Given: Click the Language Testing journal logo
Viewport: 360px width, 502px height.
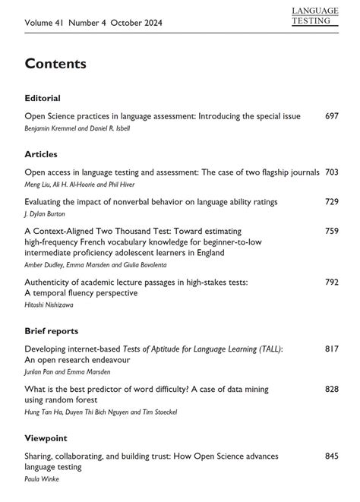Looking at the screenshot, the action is pos(314,15).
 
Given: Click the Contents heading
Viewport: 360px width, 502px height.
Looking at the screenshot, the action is pos(55,63).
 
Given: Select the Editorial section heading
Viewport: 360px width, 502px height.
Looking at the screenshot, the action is pos(43,98).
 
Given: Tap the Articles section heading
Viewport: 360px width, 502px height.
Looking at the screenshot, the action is pos(41,154).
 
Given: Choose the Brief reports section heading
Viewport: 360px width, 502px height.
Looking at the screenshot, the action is pos(52,330).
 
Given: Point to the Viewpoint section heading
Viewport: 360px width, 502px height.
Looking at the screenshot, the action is pos(46,438).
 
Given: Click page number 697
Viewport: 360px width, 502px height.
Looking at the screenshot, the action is pos(331,116).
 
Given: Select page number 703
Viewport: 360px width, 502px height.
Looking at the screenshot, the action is pos(331,172).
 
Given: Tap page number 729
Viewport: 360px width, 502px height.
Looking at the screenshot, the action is pos(331,201).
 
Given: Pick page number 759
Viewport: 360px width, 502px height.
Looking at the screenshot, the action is pos(331,230).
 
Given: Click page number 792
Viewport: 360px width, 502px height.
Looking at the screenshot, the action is pos(331,282).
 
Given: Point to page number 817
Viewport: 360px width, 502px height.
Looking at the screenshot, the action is pos(331,349).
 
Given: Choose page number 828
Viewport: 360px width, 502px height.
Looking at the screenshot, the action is pos(331,388).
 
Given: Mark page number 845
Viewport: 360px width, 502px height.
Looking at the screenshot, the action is pos(331,456).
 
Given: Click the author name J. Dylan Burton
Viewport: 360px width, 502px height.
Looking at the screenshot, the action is pos(47,213).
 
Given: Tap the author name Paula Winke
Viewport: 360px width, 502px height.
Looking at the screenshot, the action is pos(41,478).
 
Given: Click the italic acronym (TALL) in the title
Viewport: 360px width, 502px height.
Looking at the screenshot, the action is pos(266,349).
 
